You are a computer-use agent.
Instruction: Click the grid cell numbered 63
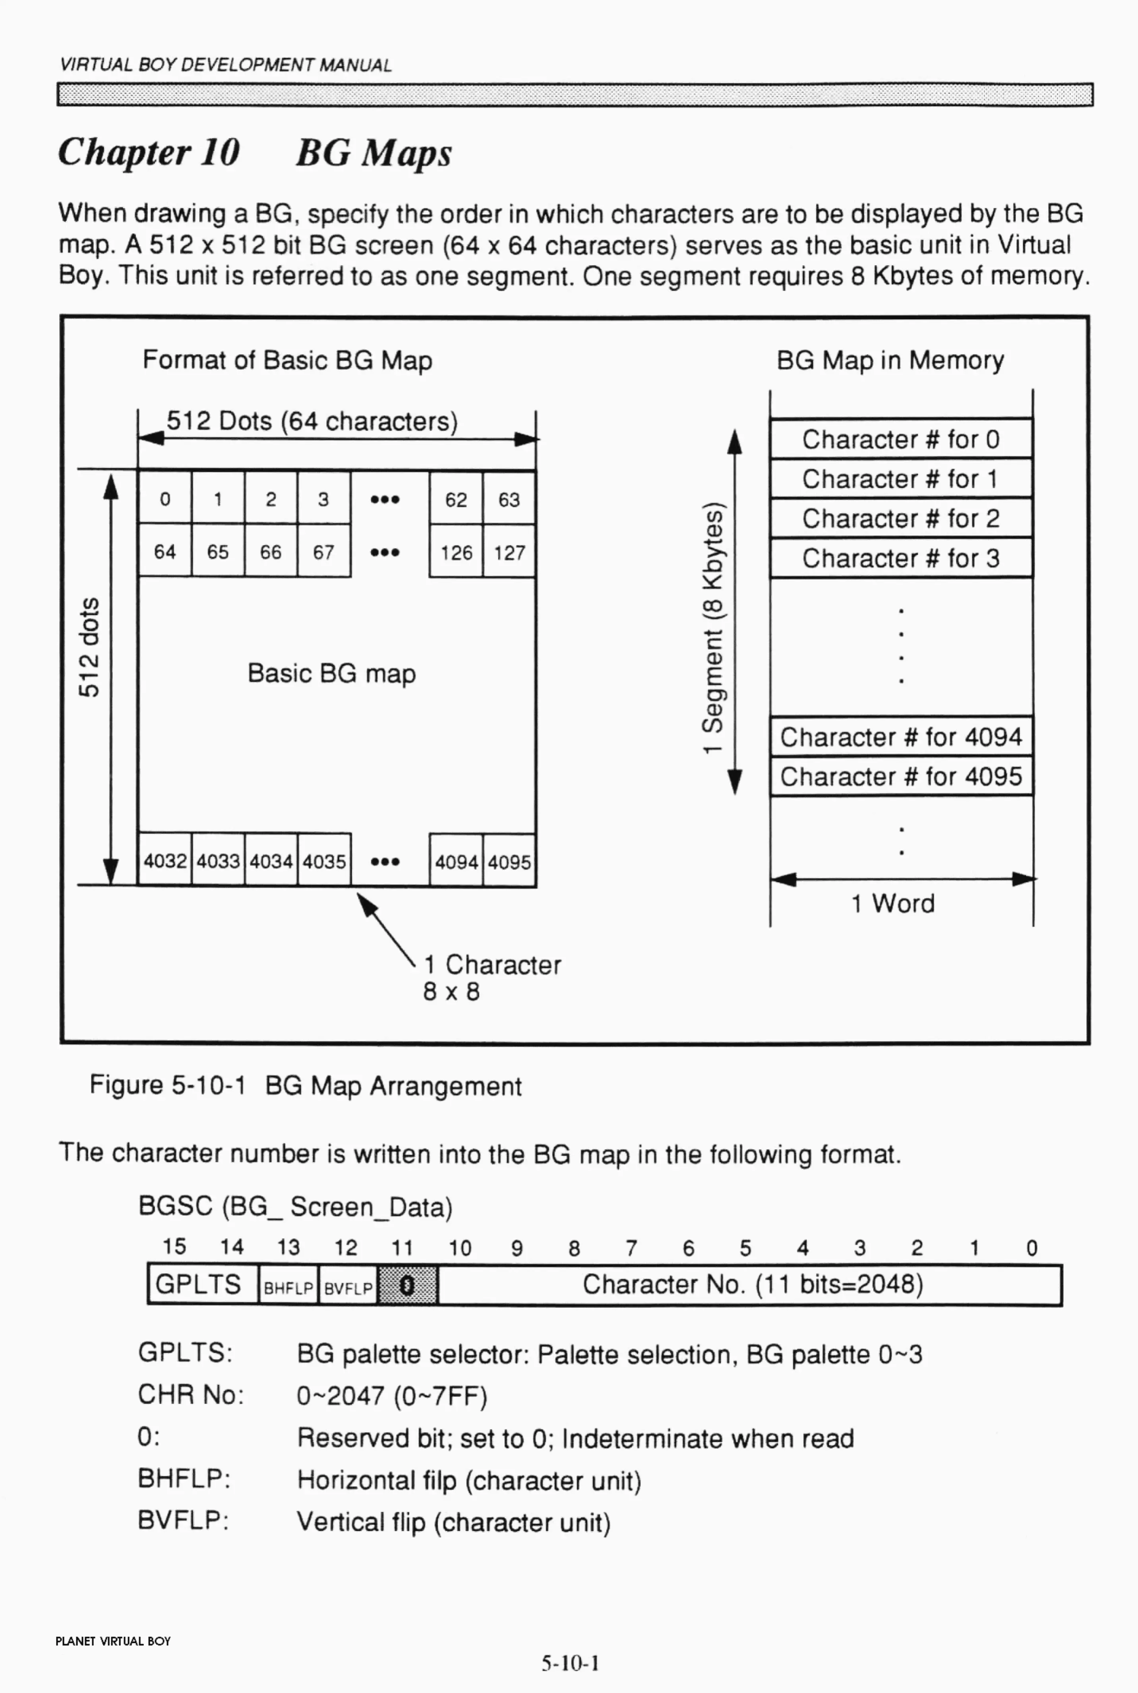pos(509,499)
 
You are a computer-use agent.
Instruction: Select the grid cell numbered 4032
pos(165,861)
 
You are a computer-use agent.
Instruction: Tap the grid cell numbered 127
pos(509,552)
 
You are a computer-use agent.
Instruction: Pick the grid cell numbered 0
pos(165,499)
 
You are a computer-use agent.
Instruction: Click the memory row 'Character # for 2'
pos(901,518)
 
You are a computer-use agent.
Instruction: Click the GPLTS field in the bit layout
pos(198,1284)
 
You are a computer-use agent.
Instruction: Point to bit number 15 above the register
pos(174,1247)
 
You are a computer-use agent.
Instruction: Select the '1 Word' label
pos(893,903)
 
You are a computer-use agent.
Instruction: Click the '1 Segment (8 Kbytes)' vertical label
pos(713,628)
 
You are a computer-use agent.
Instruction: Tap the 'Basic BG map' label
pos(332,674)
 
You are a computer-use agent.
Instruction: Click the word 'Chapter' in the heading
pos(124,152)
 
